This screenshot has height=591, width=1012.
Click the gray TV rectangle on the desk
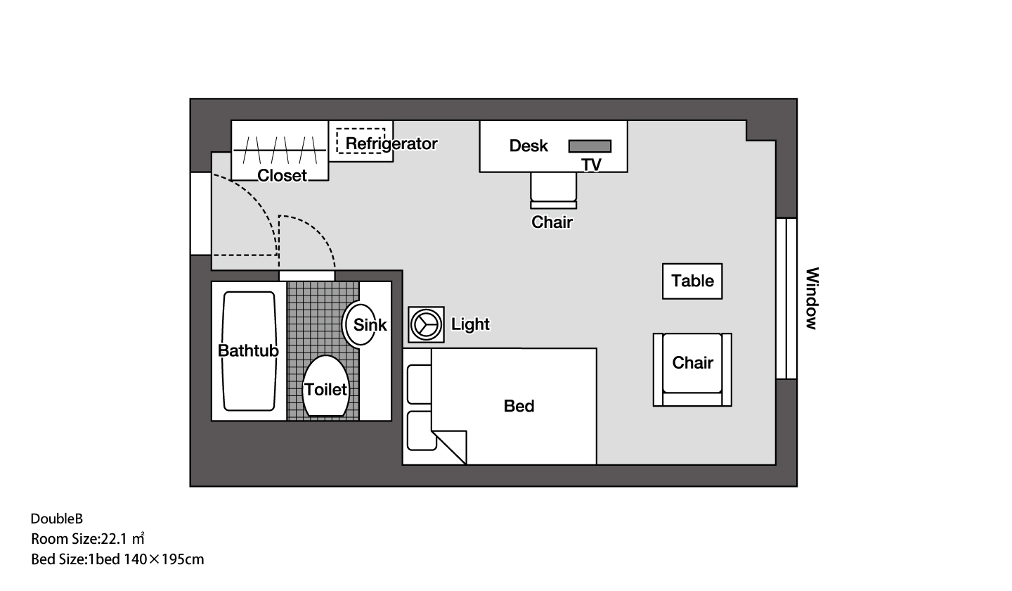[590, 146]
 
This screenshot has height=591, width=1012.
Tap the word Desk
[528, 146]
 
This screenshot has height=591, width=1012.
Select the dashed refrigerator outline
[361, 141]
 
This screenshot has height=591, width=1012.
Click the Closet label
[282, 175]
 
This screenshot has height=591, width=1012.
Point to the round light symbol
[426, 324]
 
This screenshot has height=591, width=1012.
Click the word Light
[470, 324]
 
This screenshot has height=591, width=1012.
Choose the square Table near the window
[692, 281]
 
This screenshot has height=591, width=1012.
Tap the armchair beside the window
[692, 370]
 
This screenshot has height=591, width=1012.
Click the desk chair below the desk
[554, 191]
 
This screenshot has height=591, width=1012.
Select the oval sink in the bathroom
[359, 324]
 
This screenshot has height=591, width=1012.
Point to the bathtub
[249, 351]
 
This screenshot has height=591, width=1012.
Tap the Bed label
[519, 406]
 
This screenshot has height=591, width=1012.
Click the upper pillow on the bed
[420, 384]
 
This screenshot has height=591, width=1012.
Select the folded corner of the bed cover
[450, 447]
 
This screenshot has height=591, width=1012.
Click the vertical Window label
[812, 298]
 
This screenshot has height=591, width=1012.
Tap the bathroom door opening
[306, 276]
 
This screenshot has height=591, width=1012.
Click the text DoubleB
[57, 519]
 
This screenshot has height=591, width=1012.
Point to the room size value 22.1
[115, 539]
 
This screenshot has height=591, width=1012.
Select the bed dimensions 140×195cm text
[164, 560]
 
